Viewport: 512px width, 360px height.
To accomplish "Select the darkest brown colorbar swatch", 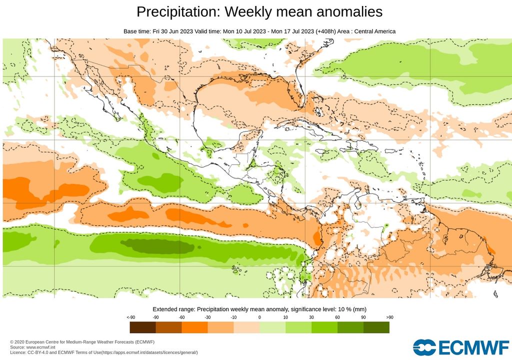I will (142, 327).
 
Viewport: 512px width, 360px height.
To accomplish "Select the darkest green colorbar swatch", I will (376, 327).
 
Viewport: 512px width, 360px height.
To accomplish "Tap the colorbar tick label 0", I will (259, 317).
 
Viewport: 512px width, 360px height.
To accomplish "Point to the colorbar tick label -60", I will (181, 317).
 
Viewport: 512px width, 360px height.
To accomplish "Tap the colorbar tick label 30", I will (311, 317).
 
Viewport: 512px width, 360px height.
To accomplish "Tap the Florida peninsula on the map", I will (300, 92).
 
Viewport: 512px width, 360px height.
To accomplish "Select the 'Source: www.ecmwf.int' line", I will (34, 347).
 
